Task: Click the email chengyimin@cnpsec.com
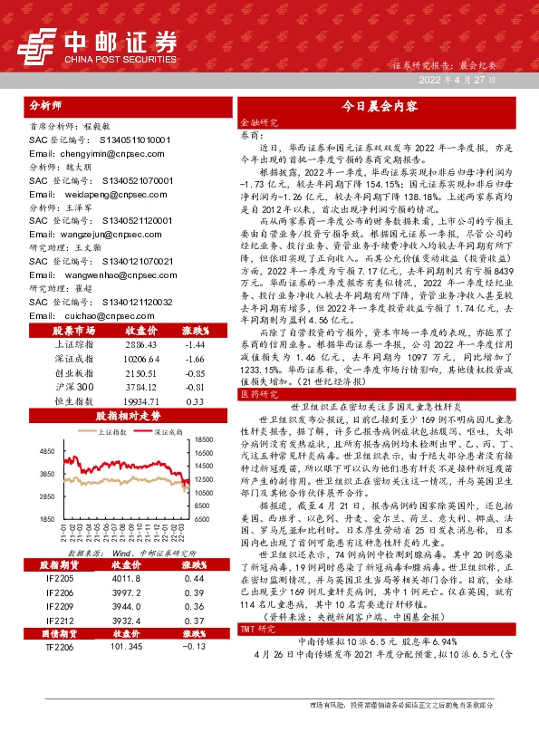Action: tap(82, 154)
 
